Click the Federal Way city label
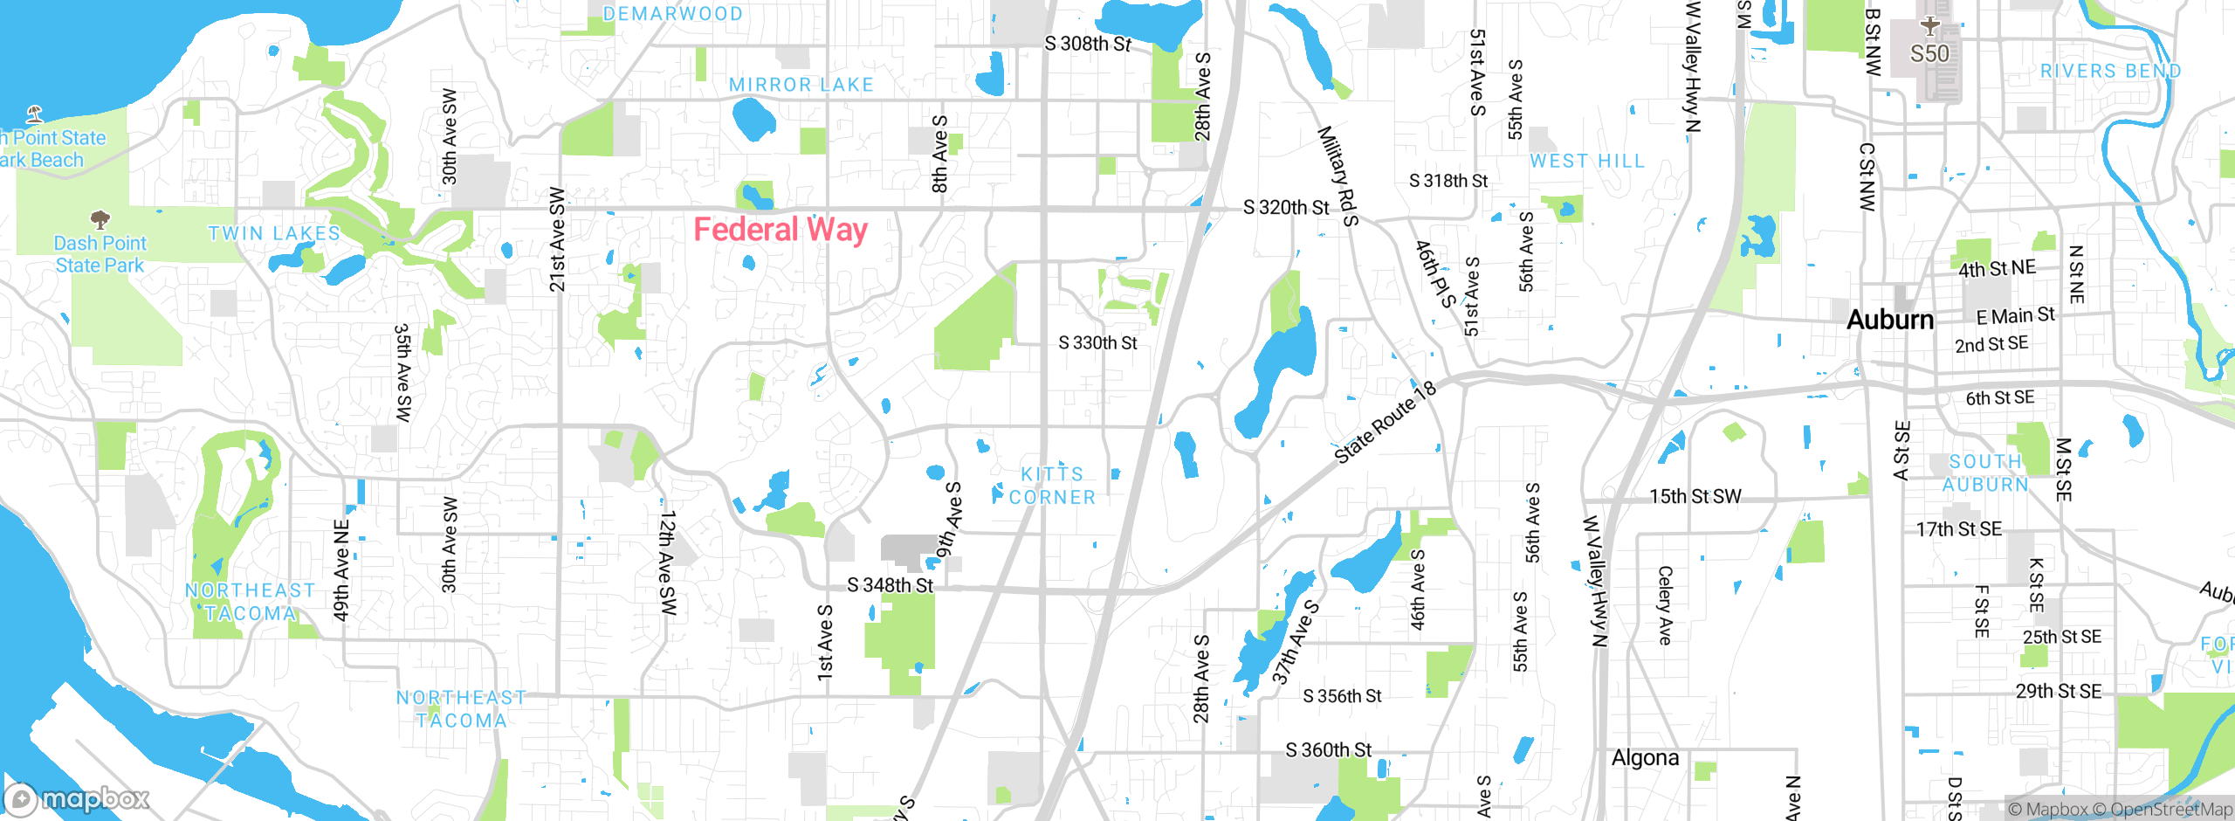coord(780,230)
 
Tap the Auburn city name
coord(1890,320)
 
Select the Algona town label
coord(1645,757)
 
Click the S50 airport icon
coord(1929,27)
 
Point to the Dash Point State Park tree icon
coord(100,218)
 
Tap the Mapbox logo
coord(77,798)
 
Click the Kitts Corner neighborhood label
coord(1052,486)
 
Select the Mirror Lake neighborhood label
coord(801,85)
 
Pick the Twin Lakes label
coord(274,233)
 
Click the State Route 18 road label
coord(1386,422)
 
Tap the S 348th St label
coord(890,585)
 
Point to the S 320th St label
coord(1286,208)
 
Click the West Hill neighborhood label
coord(1586,162)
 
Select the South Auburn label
coord(1984,473)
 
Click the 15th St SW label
coord(1695,496)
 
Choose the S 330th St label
coord(1097,343)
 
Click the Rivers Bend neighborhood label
coord(2110,72)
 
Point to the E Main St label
coord(2015,315)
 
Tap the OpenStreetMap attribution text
coord(2170,810)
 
